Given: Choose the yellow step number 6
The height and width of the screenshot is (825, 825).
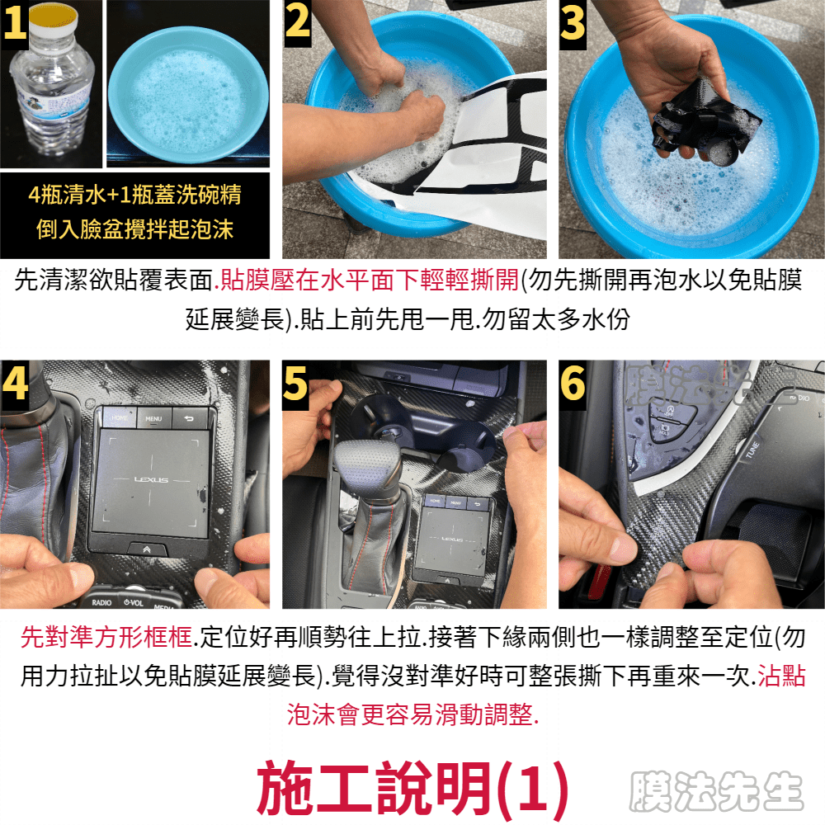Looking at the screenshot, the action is pyautogui.click(x=573, y=383).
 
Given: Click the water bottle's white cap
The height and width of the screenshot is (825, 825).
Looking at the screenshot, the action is pyautogui.click(x=53, y=21).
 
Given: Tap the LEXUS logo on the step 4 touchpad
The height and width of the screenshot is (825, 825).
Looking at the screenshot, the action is pyautogui.click(x=151, y=480).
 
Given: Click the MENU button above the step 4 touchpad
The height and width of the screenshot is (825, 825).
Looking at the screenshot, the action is pyautogui.click(x=153, y=418).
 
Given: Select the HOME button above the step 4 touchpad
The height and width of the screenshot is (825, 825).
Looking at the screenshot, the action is pyautogui.click(x=120, y=417).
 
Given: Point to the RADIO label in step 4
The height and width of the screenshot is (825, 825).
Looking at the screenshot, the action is pyautogui.click(x=101, y=602).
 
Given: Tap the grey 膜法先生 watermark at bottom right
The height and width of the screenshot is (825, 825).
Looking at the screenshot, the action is pyautogui.click(x=717, y=791).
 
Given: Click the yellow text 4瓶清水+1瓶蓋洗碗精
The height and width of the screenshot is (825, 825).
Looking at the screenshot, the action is pyautogui.click(x=134, y=195).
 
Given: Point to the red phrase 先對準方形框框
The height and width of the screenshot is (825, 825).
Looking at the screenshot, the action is pyautogui.click(x=106, y=637).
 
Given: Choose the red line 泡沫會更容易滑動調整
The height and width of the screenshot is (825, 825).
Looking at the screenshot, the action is pyautogui.click(x=413, y=714).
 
